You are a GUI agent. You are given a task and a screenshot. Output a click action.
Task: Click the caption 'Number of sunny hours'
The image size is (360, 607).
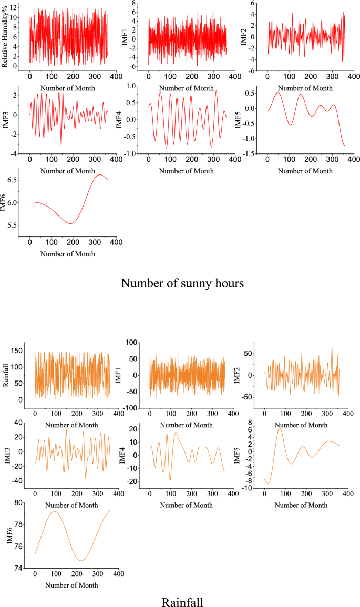coord(182,283)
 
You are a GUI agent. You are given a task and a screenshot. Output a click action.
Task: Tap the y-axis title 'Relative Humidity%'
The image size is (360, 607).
coord(5,35)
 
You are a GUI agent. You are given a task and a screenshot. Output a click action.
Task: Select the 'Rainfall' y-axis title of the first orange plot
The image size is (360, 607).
coord(7,373)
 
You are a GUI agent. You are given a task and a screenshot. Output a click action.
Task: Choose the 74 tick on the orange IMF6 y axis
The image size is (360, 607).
coord(19,569)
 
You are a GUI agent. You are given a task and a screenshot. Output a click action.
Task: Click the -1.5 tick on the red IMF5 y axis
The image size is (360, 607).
coord(252,153)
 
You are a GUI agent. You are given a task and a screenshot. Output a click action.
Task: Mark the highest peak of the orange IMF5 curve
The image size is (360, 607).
coord(280,428)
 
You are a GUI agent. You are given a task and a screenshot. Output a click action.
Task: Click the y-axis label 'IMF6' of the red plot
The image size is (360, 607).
coord(5,202)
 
